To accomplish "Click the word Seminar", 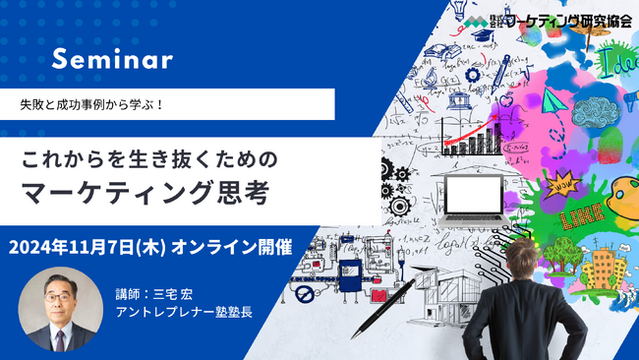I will point(112,60).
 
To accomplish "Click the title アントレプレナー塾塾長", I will point(184,313).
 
